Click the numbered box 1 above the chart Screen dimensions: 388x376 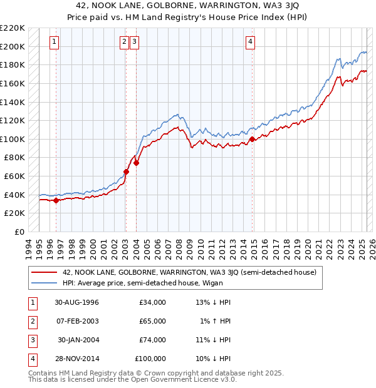click(x=55, y=42)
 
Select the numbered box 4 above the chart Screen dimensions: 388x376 click(x=250, y=42)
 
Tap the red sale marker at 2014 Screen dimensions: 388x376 click(x=252, y=139)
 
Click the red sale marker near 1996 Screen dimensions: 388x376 click(x=56, y=200)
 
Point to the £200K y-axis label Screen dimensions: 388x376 click(x=13, y=46)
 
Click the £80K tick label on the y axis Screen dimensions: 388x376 click(x=15, y=158)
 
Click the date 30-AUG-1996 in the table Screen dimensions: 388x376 click(x=78, y=302)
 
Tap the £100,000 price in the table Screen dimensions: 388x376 click(x=151, y=359)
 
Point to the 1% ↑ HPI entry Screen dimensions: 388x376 click(x=215, y=321)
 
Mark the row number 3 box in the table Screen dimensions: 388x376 click(x=32, y=340)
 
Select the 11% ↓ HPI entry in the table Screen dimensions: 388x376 click(x=214, y=340)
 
